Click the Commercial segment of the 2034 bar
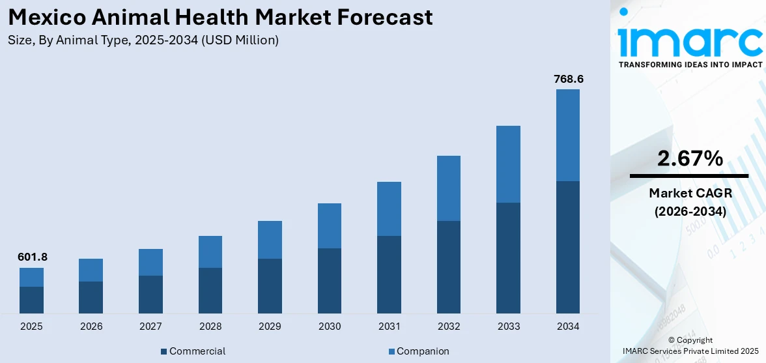tap(567, 247)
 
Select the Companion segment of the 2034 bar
tap(567, 135)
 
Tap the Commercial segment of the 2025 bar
tap(31, 300)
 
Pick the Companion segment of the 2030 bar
tap(330, 225)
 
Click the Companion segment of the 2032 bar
tap(449, 188)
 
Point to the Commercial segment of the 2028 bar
tap(210, 291)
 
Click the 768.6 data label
tap(567, 79)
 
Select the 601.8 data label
tap(31, 257)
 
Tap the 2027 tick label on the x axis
tap(150, 326)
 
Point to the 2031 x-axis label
tap(389, 326)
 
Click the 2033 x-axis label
tap(508, 326)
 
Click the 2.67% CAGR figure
tap(689, 158)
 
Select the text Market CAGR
tap(689, 193)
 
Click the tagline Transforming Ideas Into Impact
tap(689, 65)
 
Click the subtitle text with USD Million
tap(143, 40)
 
